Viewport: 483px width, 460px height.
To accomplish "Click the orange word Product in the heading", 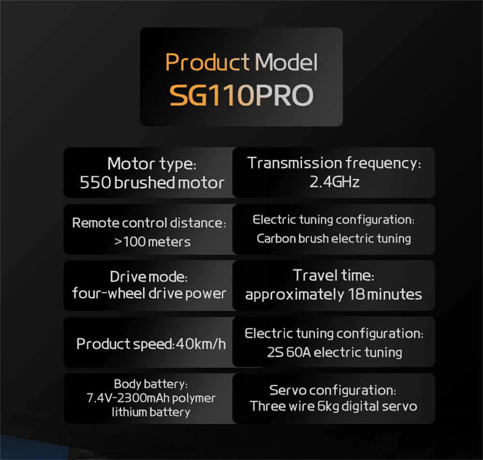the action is (207, 62).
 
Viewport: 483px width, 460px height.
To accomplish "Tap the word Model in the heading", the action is (286, 62).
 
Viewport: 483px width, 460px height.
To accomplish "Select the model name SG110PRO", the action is (241, 95).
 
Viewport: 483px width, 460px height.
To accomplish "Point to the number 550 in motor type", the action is (95, 182).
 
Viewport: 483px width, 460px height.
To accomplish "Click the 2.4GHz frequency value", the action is (335, 181).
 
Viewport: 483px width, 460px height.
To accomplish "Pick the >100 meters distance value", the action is (152, 242).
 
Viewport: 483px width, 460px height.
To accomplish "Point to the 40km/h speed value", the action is (201, 344).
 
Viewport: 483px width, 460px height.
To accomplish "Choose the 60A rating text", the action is (298, 352).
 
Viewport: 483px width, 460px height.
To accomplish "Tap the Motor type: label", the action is (152, 164).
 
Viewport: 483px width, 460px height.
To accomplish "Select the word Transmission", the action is (294, 163).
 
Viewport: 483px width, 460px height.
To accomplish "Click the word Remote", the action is (96, 223).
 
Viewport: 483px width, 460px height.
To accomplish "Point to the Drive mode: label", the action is (148, 277).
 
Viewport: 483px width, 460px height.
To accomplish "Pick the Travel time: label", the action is (334, 275).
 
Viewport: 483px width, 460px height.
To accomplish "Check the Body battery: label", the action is (151, 384).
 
